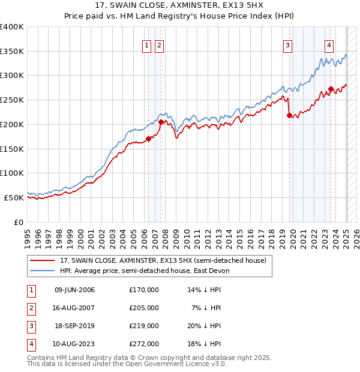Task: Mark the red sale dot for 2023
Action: [331, 89]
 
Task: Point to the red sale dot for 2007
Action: [161, 122]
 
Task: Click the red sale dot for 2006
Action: [148, 139]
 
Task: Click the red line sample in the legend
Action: [43, 260]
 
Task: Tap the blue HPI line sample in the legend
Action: [43, 271]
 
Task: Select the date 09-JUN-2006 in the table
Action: [74, 290]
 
